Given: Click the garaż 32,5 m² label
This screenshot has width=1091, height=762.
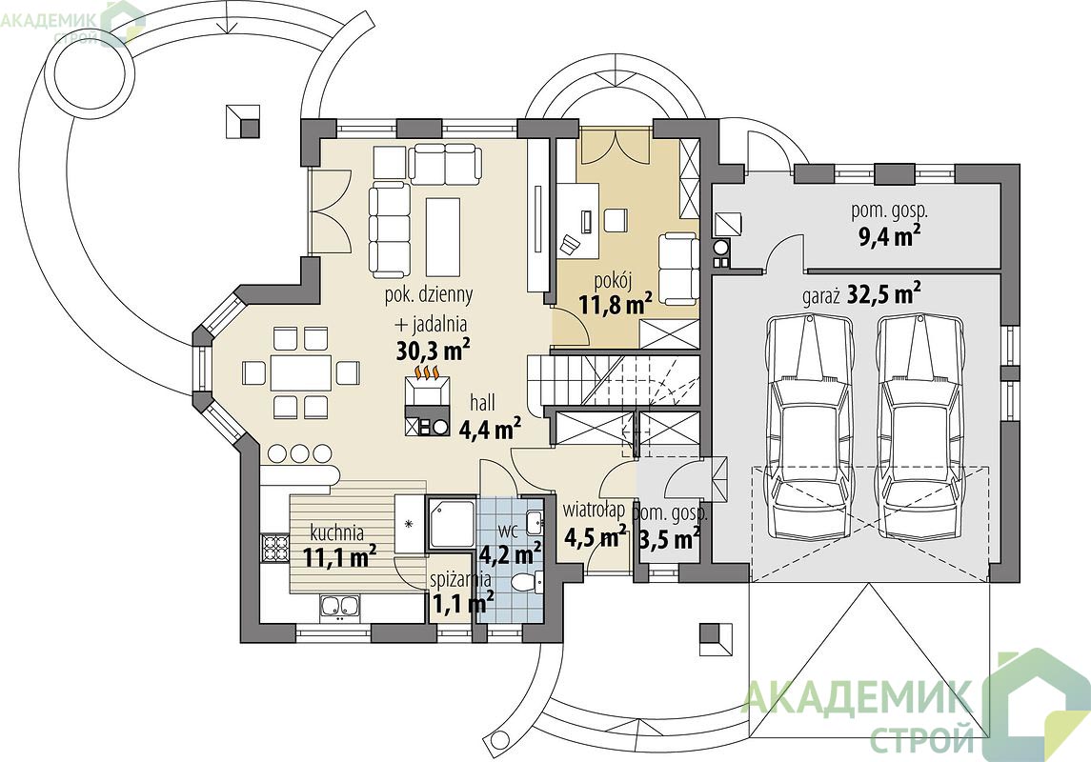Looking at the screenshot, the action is point(861,294).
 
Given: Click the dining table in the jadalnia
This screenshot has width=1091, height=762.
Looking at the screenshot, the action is point(300,372).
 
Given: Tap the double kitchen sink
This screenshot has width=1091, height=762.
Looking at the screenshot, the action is point(341,607).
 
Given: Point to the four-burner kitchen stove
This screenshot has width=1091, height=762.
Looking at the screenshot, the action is point(274,547).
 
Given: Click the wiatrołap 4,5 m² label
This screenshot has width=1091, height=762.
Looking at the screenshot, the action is point(594,524).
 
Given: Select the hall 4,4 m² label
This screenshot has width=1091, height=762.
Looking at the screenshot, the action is point(489,418).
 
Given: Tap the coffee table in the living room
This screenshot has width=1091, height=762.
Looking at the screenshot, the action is point(443,236).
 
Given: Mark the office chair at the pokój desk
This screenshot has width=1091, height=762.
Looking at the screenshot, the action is point(570,244).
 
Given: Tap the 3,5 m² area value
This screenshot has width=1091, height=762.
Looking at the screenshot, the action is point(669,539).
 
